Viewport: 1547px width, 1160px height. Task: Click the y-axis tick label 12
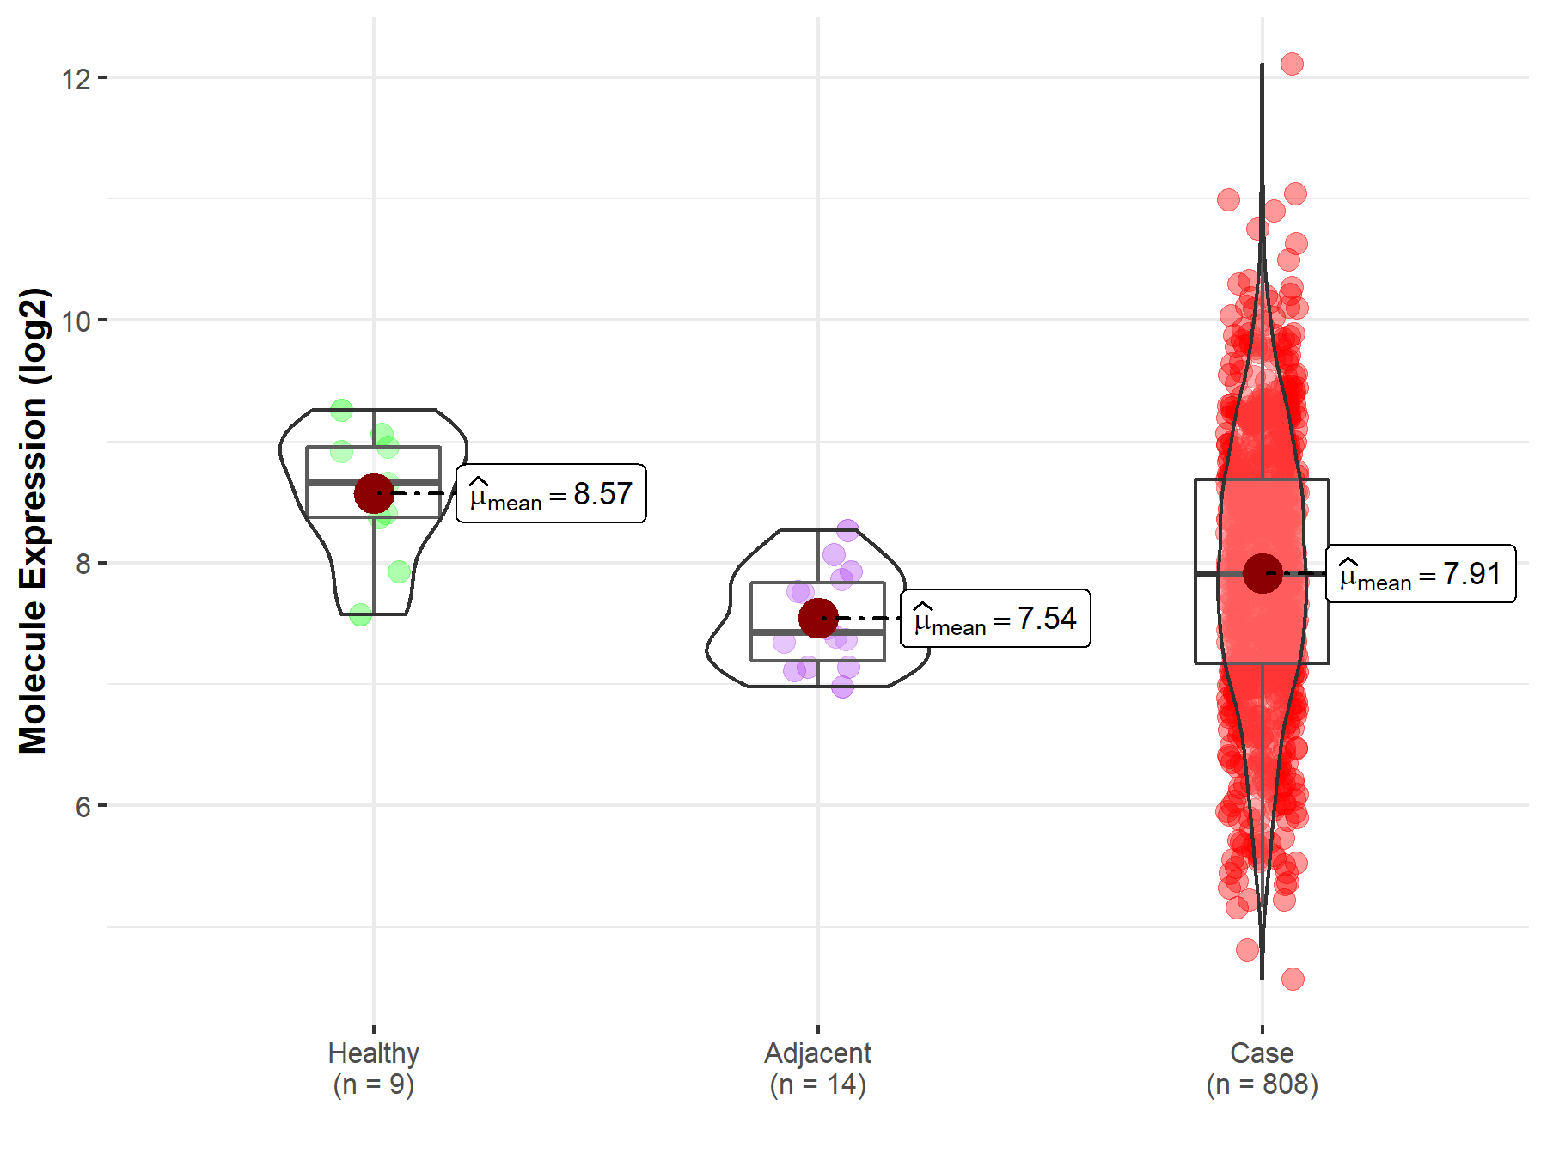click(x=76, y=79)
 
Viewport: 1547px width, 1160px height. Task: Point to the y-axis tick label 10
click(x=76, y=321)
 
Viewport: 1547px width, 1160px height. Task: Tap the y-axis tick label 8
click(x=83, y=565)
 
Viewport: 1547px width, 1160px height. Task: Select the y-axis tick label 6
click(x=83, y=807)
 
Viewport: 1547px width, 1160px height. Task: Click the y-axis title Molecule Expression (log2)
click(x=33, y=521)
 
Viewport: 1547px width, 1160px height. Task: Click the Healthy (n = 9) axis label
click(x=374, y=1068)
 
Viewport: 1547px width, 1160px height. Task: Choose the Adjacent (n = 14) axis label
click(x=818, y=1068)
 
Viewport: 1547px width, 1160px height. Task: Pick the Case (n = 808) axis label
click(x=1262, y=1068)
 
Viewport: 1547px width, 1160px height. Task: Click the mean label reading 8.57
click(x=551, y=494)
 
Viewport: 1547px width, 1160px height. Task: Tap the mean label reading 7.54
click(x=995, y=619)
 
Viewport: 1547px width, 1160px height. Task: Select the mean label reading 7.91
click(x=1421, y=574)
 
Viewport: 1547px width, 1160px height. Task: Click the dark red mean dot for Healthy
click(x=374, y=493)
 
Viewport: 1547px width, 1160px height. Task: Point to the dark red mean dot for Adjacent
click(x=818, y=618)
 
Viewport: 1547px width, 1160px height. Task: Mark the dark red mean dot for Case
click(x=1263, y=573)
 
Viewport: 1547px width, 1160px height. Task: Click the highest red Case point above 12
click(x=1292, y=64)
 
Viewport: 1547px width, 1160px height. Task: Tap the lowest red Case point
click(x=1293, y=979)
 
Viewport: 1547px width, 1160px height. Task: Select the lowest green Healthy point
click(x=361, y=614)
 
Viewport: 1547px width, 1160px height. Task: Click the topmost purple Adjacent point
click(x=847, y=530)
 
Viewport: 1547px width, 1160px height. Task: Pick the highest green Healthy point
click(x=341, y=410)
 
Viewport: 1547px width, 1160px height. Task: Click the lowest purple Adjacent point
click(x=842, y=687)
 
